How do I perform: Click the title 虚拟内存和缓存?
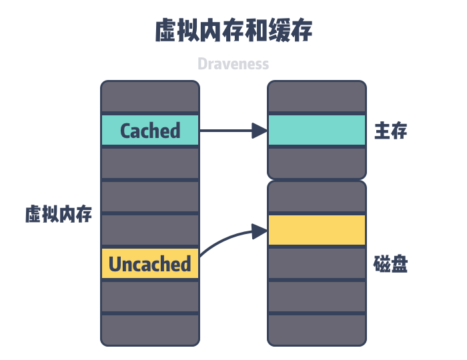[233, 31]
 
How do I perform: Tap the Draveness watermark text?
[233, 64]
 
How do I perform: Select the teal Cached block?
[150, 130]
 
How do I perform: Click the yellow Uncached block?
[150, 264]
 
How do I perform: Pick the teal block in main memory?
[317, 130]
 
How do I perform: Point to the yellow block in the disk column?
[317, 230]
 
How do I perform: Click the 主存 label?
[391, 131]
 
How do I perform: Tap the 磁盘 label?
[391, 265]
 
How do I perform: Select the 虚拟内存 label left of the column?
[59, 215]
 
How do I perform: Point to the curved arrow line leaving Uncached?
[220, 240]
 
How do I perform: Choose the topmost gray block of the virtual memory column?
[150, 97]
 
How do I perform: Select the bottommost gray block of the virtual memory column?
[150, 329]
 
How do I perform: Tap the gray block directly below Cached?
[150, 163]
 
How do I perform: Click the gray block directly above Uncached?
[150, 230]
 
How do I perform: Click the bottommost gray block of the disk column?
[317, 329]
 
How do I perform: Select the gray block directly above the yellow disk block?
[317, 197]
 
